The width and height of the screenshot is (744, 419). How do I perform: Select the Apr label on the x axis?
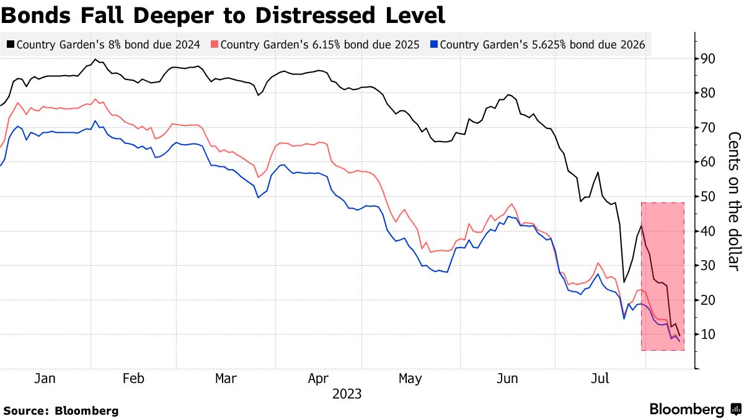pyautogui.click(x=318, y=379)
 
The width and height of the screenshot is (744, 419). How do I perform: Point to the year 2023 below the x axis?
pyautogui.click(x=347, y=394)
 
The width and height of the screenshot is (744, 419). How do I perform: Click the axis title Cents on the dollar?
pyautogui.click(x=733, y=201)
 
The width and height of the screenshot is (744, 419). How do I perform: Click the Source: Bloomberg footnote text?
pyautogui.click(x=61, y=410)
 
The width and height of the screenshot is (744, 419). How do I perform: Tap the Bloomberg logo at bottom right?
pyautogui.click(x=694, y=409)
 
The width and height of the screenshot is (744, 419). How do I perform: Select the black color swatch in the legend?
pyautogui.click(x=11, y=45)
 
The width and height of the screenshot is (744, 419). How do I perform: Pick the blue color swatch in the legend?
pyautogui.click(x=435, y=45)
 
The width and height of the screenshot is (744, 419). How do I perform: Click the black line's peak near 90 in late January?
pyautogui.click(x=95, y=60)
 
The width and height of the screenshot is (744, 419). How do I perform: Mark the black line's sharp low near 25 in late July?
pyautogui.click(x=624, y=282)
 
